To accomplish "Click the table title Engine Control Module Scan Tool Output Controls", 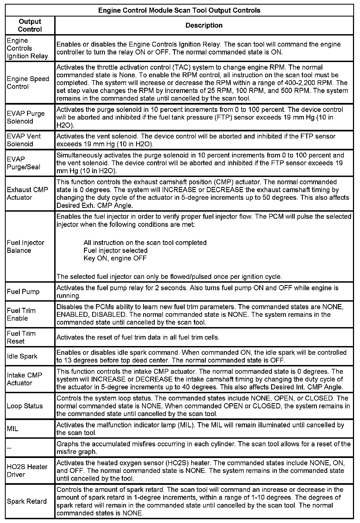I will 179,11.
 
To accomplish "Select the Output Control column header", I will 30,25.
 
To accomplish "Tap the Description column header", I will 204,25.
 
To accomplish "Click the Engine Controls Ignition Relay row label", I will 27,48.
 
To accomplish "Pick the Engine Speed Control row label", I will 28,83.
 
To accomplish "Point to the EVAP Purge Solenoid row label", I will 26,117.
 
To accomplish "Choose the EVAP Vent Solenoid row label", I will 24,140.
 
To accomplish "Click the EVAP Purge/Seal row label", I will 24,163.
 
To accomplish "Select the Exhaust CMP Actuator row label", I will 27,193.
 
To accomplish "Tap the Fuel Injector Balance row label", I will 25,247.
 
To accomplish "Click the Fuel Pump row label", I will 23,292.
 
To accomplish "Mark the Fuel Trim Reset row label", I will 21,337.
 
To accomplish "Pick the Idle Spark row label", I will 22,356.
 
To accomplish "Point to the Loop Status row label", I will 25,406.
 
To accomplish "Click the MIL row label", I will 13,429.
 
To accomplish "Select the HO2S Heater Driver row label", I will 27,471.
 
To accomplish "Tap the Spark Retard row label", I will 27,501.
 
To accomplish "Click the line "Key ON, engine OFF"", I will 115,258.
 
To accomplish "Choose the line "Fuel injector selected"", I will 115,250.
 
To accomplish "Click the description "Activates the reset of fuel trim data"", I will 138,337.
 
